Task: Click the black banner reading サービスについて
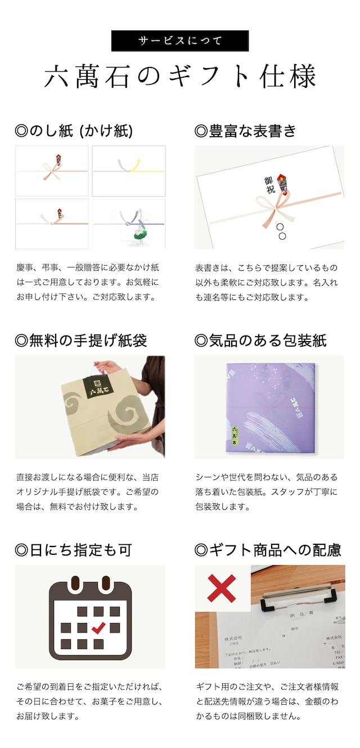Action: click(x=180, y=41)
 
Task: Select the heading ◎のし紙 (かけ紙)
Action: click(x=74, y=131)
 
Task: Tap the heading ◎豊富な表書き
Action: click(x=245, y=131)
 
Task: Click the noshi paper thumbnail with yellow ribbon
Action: click(x=129, y=171)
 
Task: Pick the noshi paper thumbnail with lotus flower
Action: click(x=129, y=224)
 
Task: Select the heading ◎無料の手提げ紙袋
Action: click(x=81, y=341)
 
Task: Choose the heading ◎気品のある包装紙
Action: click(x=260, y=341)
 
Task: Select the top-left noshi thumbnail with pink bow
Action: click(x=52, y=171)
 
